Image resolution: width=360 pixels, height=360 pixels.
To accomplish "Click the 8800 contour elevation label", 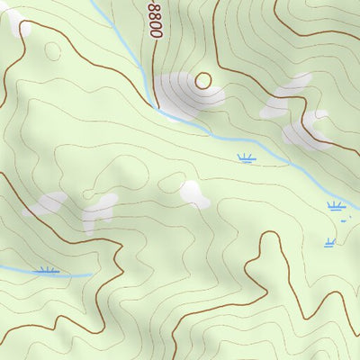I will click(154, 18).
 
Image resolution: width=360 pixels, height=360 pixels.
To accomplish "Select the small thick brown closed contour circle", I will click(203, 81).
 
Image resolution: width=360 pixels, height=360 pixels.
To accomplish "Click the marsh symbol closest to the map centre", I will click(245, 159).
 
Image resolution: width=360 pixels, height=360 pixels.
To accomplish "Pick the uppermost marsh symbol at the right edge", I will click(336, 206).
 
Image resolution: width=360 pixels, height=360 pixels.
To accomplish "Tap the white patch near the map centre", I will click(193, 193).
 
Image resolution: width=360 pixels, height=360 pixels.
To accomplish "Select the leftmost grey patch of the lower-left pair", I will click(47, 203).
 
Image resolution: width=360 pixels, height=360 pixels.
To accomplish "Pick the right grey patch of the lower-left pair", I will click(98, 211).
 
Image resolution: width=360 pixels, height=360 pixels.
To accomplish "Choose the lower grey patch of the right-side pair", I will click(304, 130).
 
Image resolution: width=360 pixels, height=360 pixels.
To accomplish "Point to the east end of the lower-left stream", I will click(91, 274).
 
